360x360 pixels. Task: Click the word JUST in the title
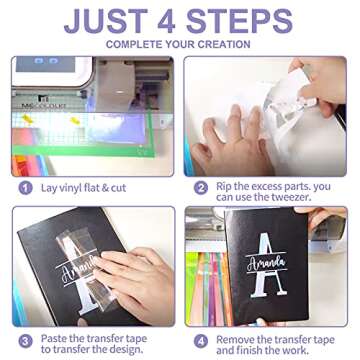[x=106, y=21]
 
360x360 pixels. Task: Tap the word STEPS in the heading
[x=239, y=21]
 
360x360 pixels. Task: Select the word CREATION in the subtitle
[x=223, y=44]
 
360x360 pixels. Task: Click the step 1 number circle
[x=25, y=188]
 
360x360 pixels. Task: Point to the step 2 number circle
[x=201, y=188]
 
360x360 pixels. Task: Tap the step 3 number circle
[x=25, y=341]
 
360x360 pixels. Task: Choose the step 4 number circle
[x=201, y=341]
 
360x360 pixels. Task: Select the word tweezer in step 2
[x=292, y=197]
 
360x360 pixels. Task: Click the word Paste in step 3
[x=52, y=339]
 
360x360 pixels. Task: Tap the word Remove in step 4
[x=233, y=340]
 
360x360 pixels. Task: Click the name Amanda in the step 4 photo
[x=267, y=264]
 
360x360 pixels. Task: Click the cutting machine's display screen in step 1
[x=45, y=64]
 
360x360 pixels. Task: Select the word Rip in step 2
[x=224, y=186]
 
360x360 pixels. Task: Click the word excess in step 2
[x=266, y=187]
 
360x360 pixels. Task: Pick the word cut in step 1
[x=118, y=188]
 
